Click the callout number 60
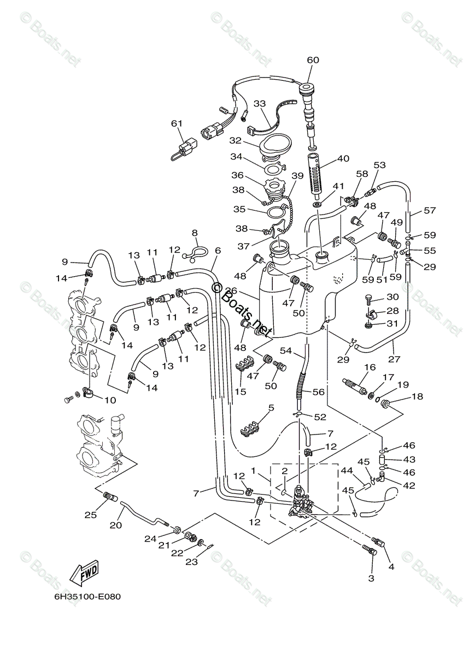[x=313, y=60]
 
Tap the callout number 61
[x=176, y=124]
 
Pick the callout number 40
[x=343, y=159]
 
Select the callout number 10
[x=110, y=400]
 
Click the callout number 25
[x=90, y=514]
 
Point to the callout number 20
[x=115, y=525]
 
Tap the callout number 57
[x=430, y=211]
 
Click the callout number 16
[x=370, y=367]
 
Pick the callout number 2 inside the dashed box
[x=285, y=471]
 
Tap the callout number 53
[x=379, y=165]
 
